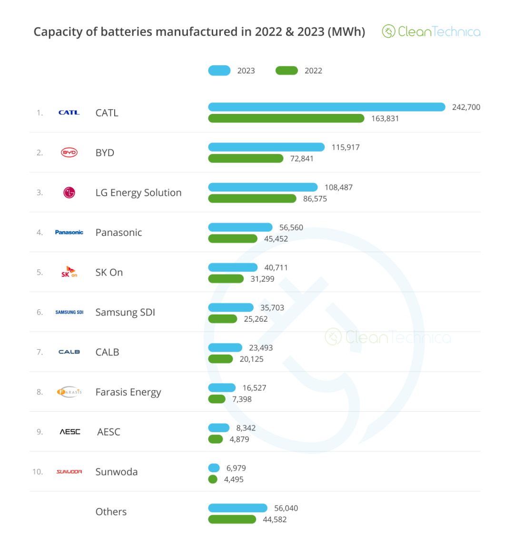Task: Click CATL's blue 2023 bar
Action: click(326, 107)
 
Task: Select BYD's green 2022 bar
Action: click(246, 159)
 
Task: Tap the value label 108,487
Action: click(338, 187)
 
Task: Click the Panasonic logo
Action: click(69, 233)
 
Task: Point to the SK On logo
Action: click(69, 272)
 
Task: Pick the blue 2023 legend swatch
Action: click(219, 71)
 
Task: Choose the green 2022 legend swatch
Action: click(287, 71)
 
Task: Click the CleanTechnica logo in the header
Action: click(431, 32)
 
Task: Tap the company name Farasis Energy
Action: click(128, 392)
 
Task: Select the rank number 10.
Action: click(38, 472)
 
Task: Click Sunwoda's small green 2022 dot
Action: click(213, 479)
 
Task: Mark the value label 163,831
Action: click(385, 119)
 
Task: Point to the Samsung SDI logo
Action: click(69, 312)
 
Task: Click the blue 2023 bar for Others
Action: click(237, 508)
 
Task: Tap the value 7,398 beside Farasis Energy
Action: click(242, 399)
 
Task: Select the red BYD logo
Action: click(69, 152)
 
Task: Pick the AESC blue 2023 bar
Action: click(218, 428)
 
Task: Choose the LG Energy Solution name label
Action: click(138, 193)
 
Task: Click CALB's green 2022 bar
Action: click(220, 359)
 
